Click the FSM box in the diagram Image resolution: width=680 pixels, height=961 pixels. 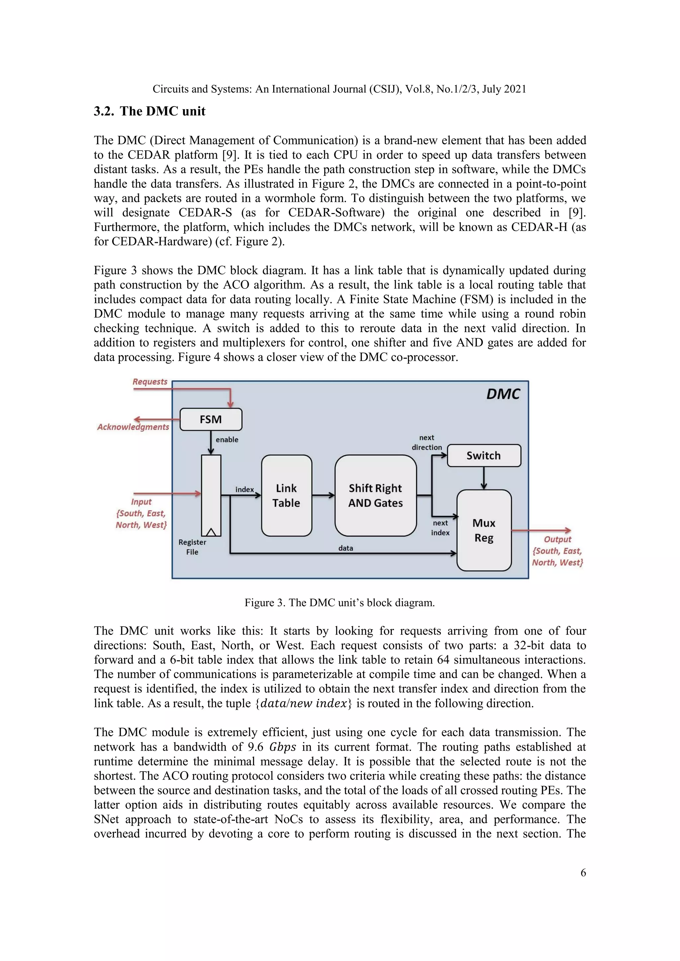coord(211,419)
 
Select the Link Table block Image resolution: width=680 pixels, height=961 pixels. coord(287,495)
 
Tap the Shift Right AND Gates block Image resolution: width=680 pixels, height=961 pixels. coord(376,495)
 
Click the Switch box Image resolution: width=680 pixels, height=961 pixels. coord(484,455)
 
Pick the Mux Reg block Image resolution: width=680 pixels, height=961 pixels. coord(484,530)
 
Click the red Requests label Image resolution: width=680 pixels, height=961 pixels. coord(150,382)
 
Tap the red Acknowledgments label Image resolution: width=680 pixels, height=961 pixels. coord(133,427)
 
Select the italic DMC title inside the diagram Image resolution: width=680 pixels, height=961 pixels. coord(503,394)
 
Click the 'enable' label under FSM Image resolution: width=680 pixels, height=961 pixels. coord(227,439)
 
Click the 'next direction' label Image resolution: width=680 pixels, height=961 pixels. coord(427,442)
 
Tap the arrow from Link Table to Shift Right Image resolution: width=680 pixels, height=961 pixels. coord(323,495)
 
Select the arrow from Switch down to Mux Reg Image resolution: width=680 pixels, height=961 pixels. coord(484,478)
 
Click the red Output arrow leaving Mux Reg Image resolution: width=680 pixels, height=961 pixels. coord(541,530)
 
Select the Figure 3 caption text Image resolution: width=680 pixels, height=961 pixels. coord(340,603)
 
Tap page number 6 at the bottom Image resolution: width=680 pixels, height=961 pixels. coord(583,872)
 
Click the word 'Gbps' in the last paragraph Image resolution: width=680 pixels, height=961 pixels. coord(283,747)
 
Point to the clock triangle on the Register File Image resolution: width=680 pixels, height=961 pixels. coord(211,532)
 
